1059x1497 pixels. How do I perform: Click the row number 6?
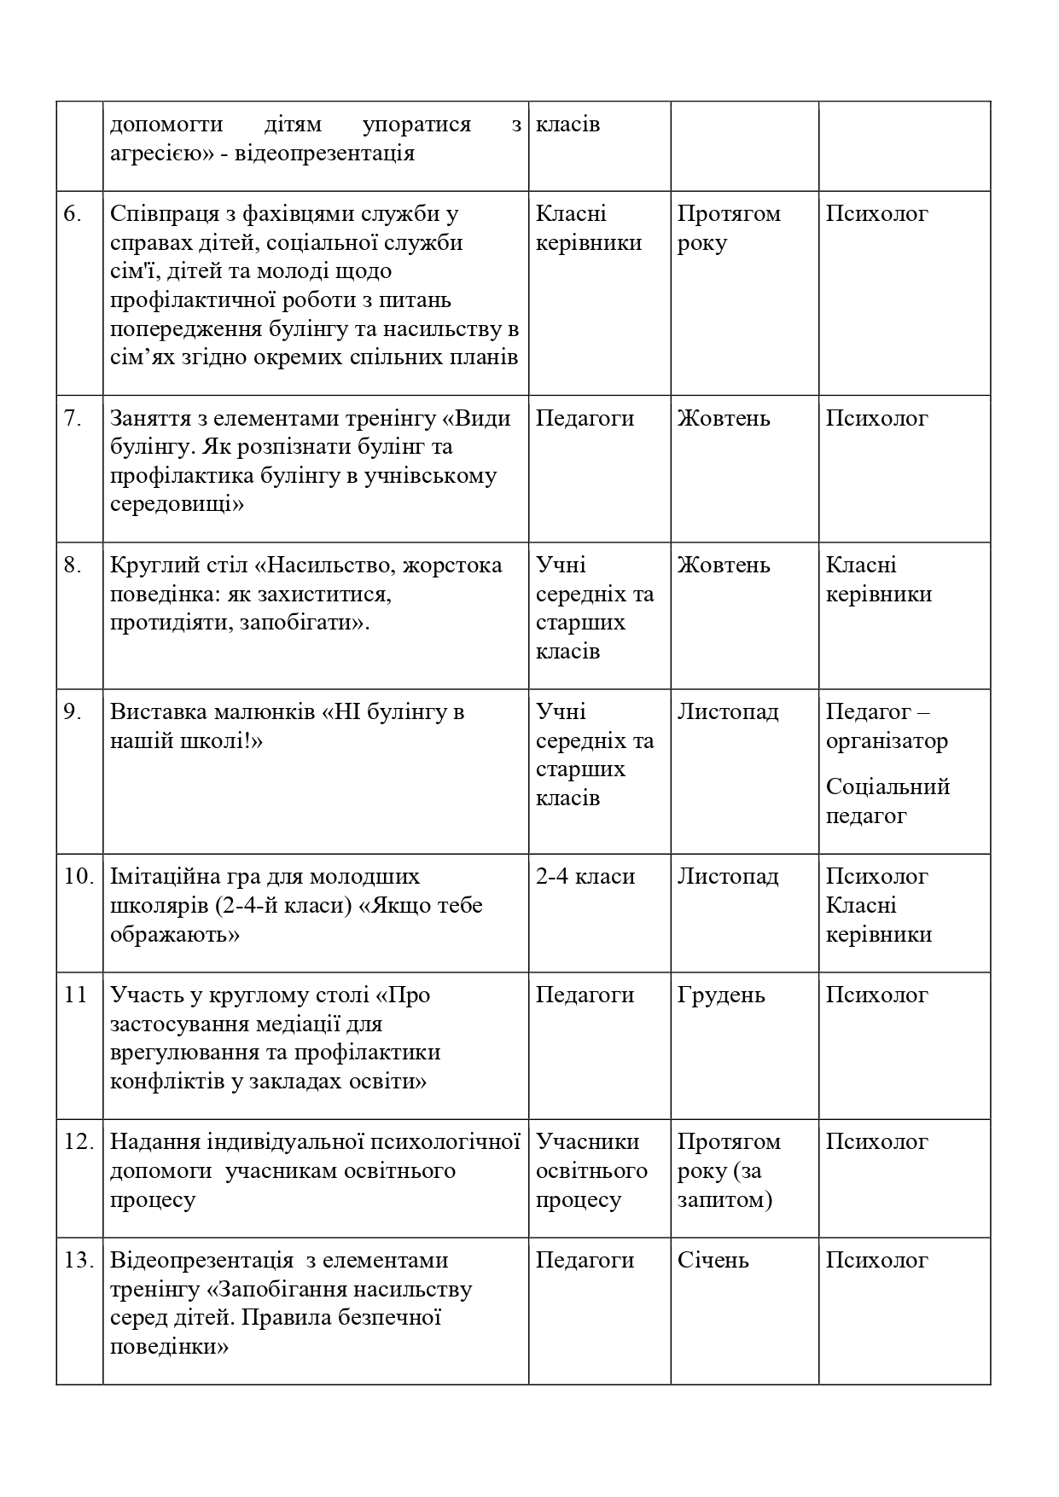point(73,214)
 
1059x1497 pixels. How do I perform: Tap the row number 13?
point(78,1260)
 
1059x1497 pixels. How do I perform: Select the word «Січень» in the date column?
point(713,1260)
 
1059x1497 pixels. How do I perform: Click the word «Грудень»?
point(721,995)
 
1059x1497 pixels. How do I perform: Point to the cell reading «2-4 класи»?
point(585,876)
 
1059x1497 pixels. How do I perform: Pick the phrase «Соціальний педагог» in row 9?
point(887,801)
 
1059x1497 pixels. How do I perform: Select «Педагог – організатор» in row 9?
point(886,726)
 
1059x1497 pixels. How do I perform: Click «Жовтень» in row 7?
point(724,418)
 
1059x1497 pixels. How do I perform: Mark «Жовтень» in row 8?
point(724,565)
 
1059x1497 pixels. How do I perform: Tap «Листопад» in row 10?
point(728,876)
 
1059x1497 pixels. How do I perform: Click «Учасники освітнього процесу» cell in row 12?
point(591,1170)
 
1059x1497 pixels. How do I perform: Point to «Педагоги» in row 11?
point(585,995)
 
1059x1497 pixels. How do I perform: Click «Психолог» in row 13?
point(876,1260)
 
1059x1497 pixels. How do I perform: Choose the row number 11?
point(76,995)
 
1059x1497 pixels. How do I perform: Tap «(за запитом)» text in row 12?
point(725,1186)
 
